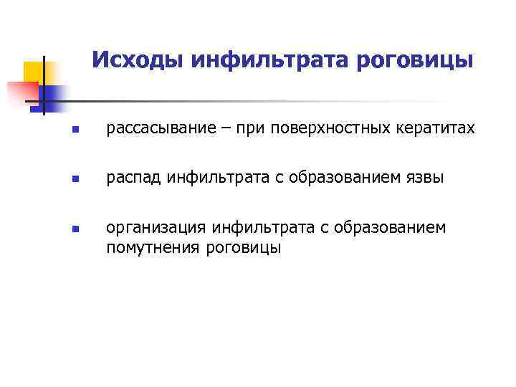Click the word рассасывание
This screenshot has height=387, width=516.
[151, 128]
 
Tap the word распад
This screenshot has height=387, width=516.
[134, 178]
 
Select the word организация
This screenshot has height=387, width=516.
[155, 228]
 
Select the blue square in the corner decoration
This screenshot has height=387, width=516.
[52, 95]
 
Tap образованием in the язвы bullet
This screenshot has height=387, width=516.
[350, 178]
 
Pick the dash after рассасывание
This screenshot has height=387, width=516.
[206, 128]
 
